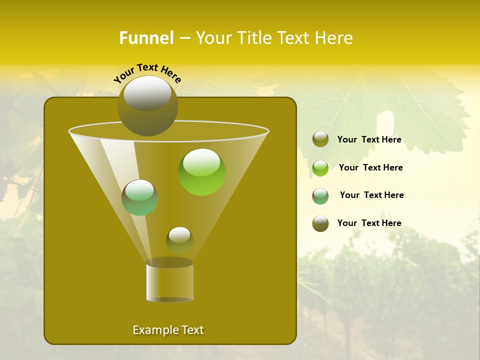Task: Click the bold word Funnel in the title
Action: pos(146,38)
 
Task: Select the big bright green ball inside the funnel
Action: pos(201,172)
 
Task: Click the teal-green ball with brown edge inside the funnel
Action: pos(139,197)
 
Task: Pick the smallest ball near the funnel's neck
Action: pos(179,240)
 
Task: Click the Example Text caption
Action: pos(168,330)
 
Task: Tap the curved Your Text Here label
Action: pos(147,72)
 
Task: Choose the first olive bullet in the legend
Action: pos(320,139)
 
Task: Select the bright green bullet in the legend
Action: pos(320,168)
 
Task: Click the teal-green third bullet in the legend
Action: pos(320,196)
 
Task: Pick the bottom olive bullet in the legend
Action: pos(320,223)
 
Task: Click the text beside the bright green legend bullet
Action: pos(370,167)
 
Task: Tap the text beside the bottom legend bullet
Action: pos(369,223)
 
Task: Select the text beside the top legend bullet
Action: pos(369,139)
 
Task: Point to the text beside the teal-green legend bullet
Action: pos(371,195)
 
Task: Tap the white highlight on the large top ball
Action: pos(147,93)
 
